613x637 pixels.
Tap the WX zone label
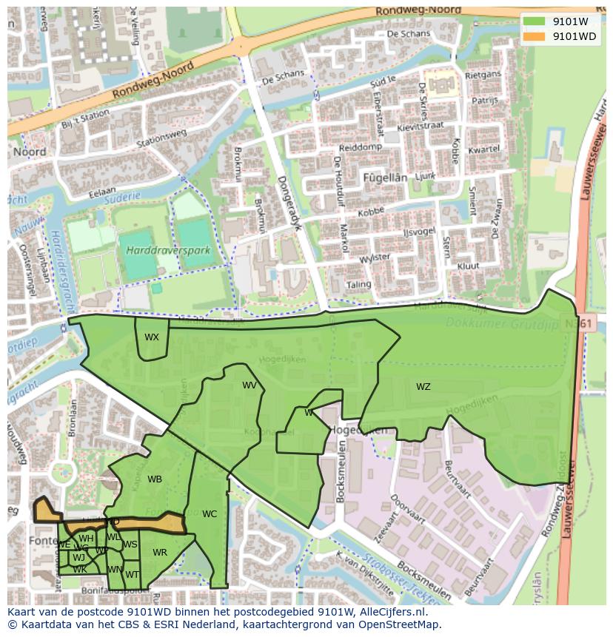point(152,337)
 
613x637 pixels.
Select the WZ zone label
point(423,387)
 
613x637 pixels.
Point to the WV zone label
point(249,385)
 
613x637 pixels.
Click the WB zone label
point(154,479)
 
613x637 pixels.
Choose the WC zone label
point(210,514)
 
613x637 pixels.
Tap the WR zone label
point(160,553)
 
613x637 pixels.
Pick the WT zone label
point(132,574)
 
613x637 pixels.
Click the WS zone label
point(130,545)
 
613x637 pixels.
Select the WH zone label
point(86,539)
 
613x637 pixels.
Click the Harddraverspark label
point(168,251)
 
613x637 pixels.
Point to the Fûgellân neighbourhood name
point(385,178)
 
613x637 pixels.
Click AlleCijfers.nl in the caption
point(392,612)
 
